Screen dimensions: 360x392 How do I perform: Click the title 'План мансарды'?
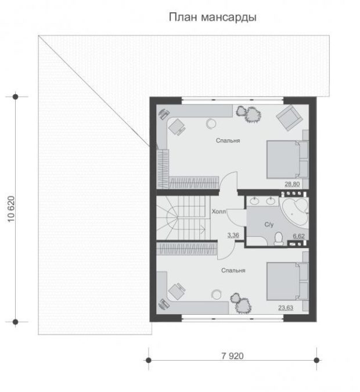213,17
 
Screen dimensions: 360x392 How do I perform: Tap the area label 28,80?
292,184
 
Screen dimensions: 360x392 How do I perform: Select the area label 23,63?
286,307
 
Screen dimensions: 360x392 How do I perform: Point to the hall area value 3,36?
233,235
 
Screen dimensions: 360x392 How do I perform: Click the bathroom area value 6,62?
299,236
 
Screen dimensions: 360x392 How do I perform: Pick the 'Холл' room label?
219,211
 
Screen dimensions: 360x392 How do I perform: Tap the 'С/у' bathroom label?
269,225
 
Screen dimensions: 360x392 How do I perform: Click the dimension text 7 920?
232,356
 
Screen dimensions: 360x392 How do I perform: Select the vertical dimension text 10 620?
11,209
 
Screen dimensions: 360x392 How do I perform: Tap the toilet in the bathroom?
278,239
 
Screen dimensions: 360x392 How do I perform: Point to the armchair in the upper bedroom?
289,117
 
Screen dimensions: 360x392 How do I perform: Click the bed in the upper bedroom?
287,160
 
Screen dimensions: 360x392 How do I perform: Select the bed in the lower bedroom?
287,281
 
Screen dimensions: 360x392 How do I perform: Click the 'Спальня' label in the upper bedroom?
228,141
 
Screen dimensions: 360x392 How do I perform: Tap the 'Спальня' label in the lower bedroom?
233,271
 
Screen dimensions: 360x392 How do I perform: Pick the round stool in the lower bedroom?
216,294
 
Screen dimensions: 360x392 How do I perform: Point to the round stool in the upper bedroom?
211,123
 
